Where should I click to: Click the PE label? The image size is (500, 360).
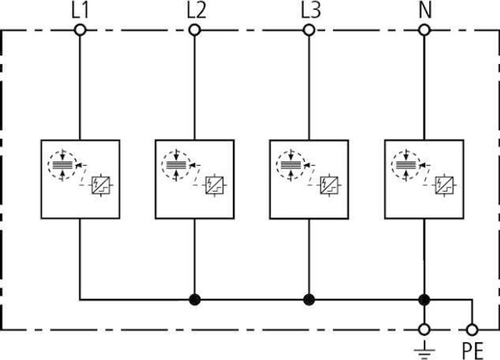[x=473, y=351]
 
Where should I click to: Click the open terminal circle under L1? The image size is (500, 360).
[x=80, y=30]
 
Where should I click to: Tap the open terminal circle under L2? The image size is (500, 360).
[x=194, y=30]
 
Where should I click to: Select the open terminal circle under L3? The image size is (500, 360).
[x=309, y=30]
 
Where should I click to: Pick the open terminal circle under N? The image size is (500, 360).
[x=424, y=30]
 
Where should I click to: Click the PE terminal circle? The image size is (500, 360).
[x=472, y=330]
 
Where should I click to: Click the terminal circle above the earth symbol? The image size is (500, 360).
[x=424, y=330]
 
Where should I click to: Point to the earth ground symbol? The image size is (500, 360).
[x=424, y=350]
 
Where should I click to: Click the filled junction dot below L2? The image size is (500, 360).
[x=194, y=300]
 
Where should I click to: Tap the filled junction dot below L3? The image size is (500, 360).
[x=309, y=300]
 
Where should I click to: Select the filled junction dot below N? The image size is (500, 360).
[x=424, y=300]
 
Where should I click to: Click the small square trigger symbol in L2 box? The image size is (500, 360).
[x=214, y=185]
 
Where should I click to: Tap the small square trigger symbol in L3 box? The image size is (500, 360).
[x=329, y=185]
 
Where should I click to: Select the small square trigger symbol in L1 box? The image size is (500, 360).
[x=101, y=185]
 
